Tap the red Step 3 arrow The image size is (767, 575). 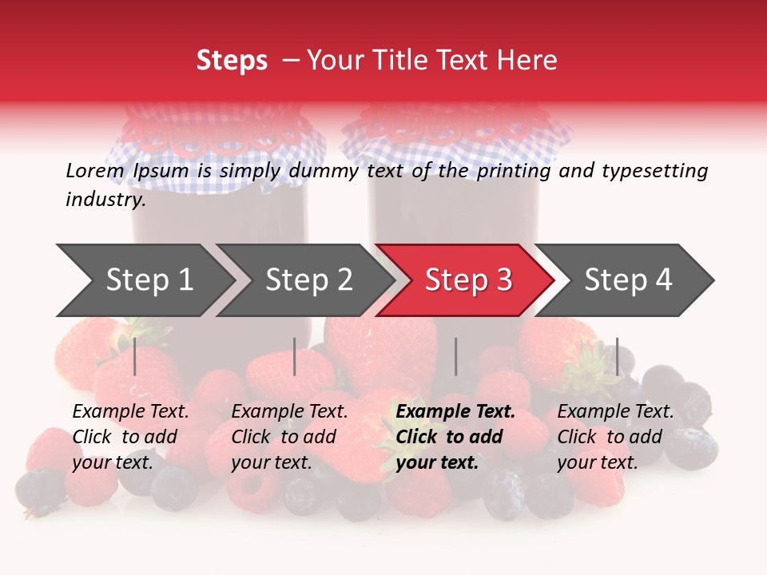click(468, 280)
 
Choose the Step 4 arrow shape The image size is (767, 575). click(628, 280)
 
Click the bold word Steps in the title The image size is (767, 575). click(232, 60)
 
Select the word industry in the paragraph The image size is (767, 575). click(105, 200)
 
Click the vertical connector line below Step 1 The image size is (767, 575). click(135, 356)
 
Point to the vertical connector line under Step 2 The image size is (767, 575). click(295, 356)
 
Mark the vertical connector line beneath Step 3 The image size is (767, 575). click(455, 356)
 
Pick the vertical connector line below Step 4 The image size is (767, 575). click(617, 356)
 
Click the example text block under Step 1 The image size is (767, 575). click(130, 437)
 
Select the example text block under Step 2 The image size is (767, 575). click(289, 437)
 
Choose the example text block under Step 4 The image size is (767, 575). click(615, 437)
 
